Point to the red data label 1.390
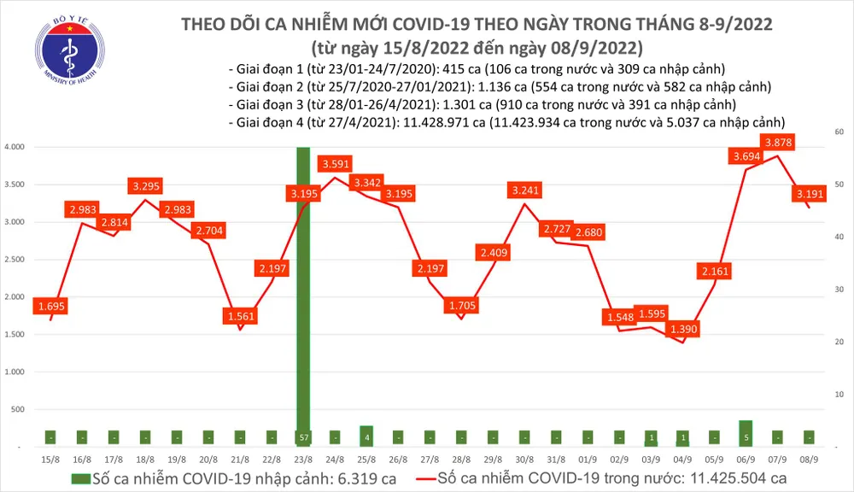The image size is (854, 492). point(681,329)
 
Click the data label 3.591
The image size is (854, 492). point(336,163)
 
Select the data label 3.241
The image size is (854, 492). point(522,190)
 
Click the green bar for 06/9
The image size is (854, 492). point(746,433)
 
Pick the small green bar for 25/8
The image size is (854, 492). point(366,436)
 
